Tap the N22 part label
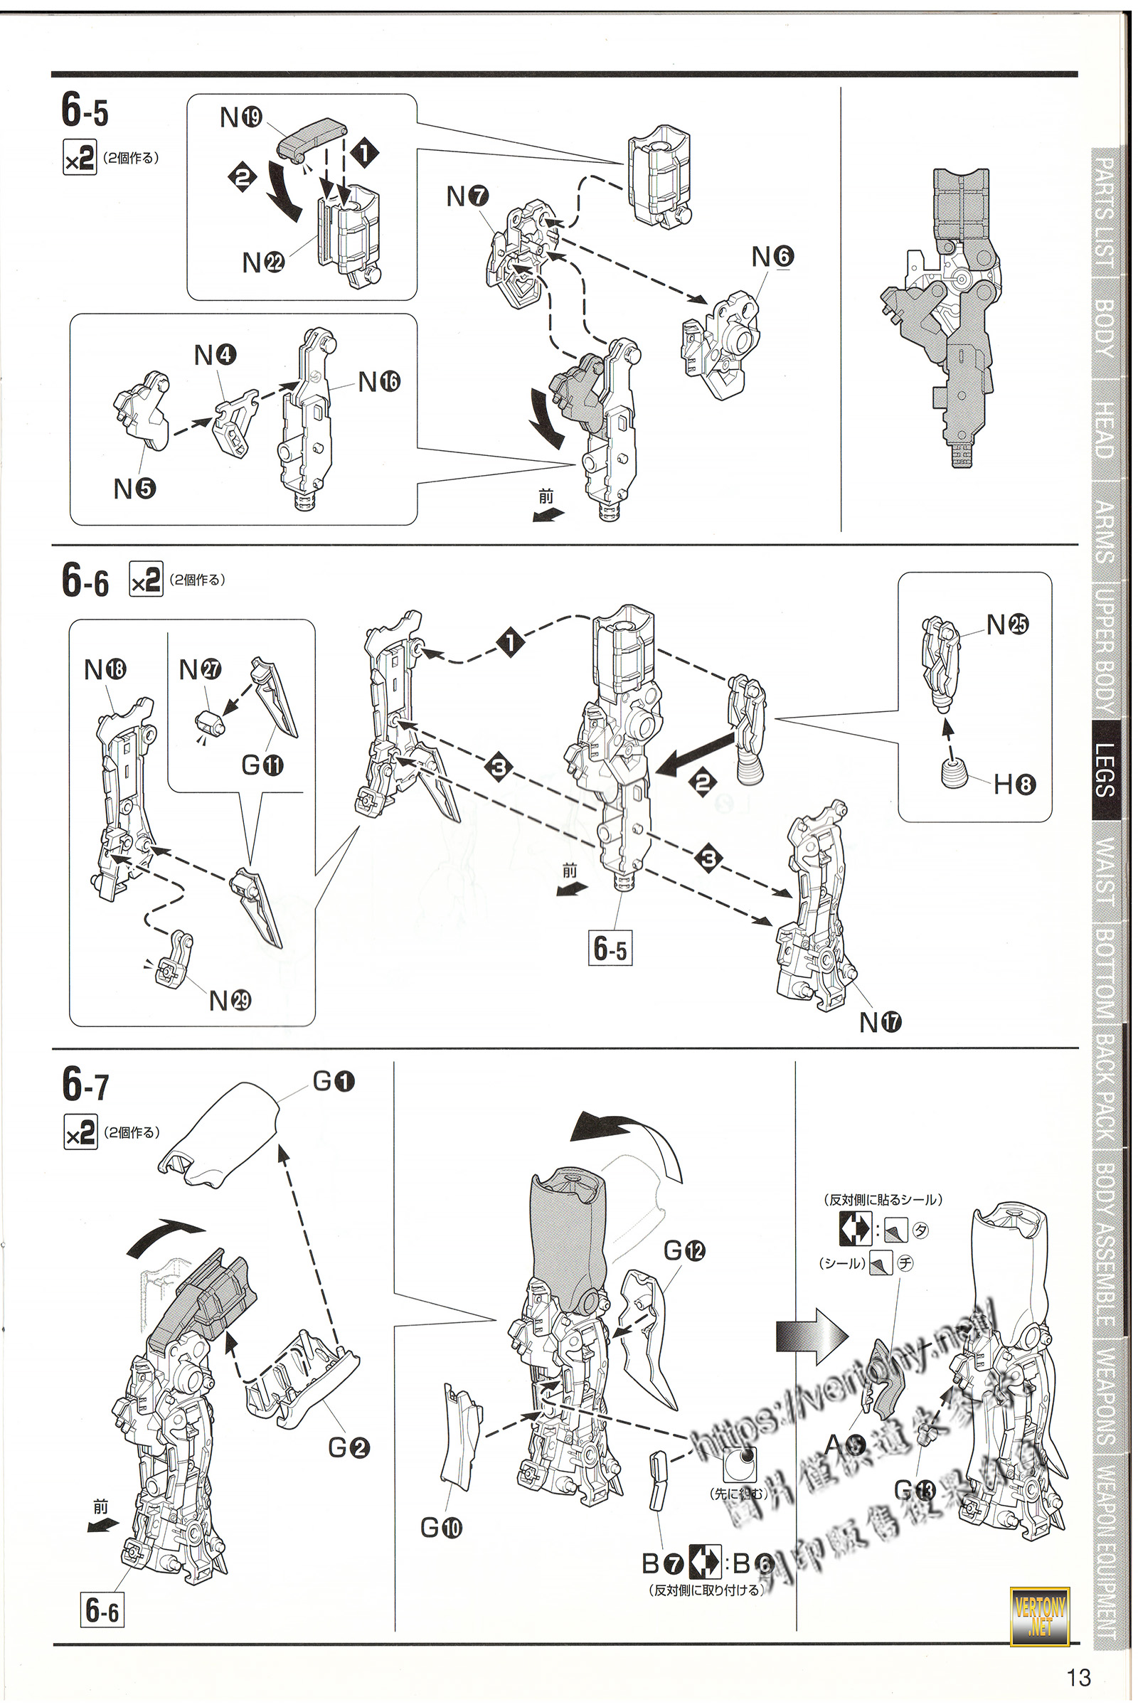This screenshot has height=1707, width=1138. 262,262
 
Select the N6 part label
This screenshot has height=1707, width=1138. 772,256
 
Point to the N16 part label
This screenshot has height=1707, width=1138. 379,381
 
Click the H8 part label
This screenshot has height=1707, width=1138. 1014,784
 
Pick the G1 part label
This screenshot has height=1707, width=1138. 333,1081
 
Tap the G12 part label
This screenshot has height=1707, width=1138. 684,1250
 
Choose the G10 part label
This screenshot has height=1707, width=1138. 440,1528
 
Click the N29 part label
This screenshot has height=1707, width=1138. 229,1001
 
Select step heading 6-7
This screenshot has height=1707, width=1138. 85,1085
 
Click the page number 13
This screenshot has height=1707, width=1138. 1078,1677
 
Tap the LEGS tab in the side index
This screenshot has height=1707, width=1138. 1106,770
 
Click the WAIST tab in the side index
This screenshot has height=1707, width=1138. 1106,870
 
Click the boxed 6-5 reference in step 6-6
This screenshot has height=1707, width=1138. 610,948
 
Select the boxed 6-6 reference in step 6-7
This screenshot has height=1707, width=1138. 102,1610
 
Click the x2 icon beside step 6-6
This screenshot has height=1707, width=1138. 146,579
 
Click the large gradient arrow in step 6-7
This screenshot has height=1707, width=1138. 811,1336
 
